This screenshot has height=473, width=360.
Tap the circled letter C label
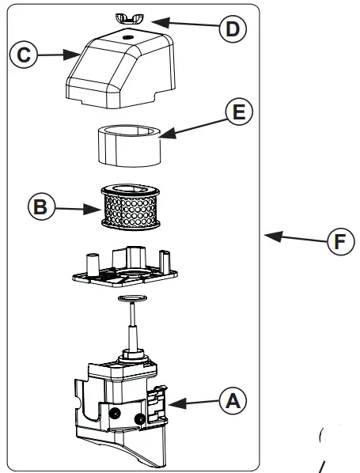(x=24, y=55)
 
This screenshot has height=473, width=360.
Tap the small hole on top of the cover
(x=128, y=36)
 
